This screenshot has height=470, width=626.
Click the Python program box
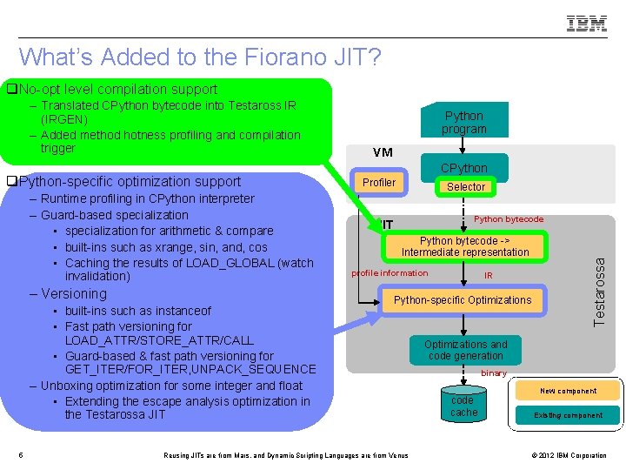click(x=463, y=123)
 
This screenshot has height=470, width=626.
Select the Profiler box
click(x=378, y=183)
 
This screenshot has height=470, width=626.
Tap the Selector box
click(x=466, y=187)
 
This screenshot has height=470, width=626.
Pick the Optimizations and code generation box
click(x=465, y=350)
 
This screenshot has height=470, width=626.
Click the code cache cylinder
click(x=463, y=406)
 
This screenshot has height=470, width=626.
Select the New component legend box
click(x=568, y=391)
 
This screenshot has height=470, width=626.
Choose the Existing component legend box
click(x=568, y=415)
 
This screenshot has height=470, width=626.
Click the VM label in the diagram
click(x=383, y=152)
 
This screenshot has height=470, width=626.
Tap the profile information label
click(x=390, y=273)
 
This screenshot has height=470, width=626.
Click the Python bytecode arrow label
click(x=509, y=219)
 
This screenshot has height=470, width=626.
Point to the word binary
click(x=493, y=373)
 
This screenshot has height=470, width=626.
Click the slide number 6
click(x=21, y=454)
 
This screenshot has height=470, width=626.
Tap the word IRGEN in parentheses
click(x=64, y=119)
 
